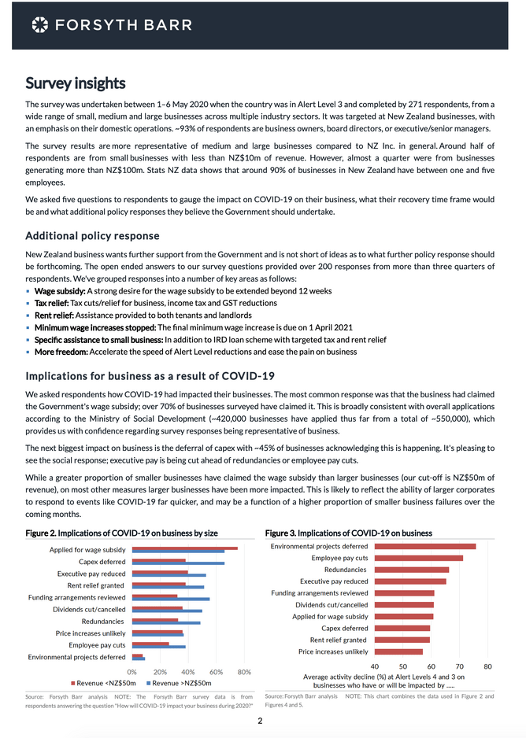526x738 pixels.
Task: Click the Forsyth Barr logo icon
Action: (x=39, y=25)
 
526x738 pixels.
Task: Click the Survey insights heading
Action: (x=76, y=83)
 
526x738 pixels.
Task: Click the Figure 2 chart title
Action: (x=121, y=533)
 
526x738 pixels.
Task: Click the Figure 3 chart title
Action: (x=348, y=533)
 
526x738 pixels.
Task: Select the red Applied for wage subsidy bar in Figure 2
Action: (x=185, y=548)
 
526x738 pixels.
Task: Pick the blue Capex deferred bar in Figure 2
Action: (x=178, y=563)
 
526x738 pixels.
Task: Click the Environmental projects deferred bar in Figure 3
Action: (x=425, y=546)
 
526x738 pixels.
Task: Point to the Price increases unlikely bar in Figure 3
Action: (x=398, y=651)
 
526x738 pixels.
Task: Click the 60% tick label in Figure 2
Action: (x=217, y=672)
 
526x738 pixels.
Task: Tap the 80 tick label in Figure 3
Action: (x=487, y=666)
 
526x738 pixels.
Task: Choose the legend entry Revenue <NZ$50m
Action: (x=102, y=683)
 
